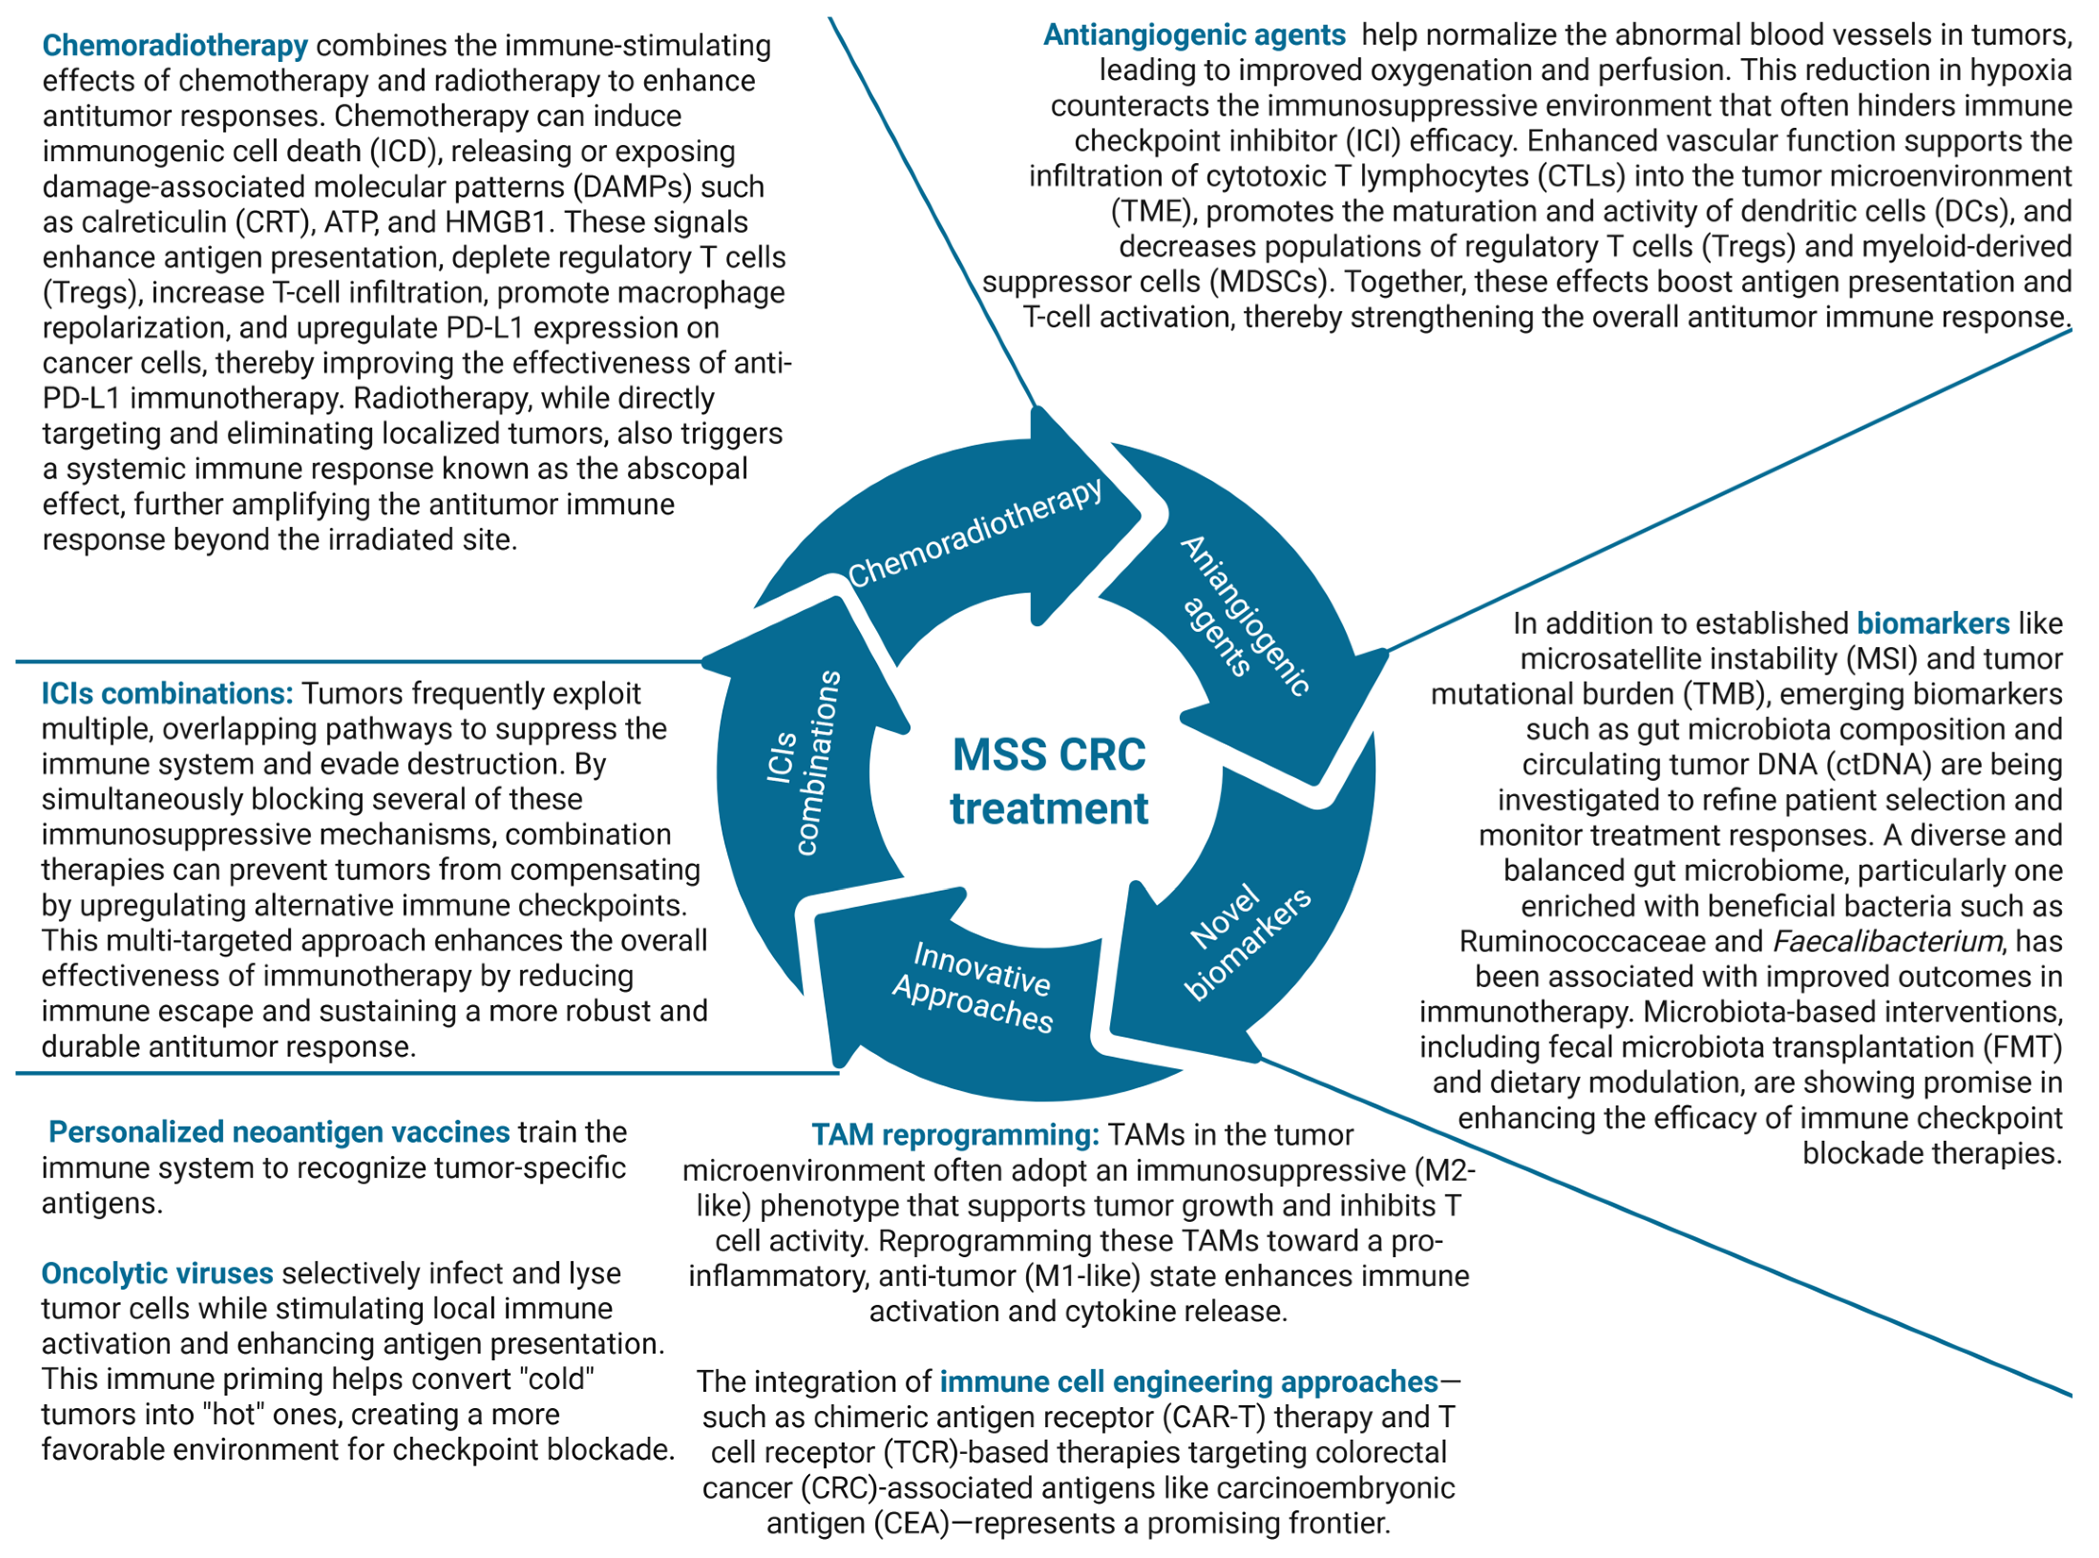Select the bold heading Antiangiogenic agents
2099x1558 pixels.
coord(1194,35)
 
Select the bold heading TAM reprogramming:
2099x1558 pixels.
coord(955,1134)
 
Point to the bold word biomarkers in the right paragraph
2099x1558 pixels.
coord(1933,624)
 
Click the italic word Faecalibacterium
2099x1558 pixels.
coord(1886,941)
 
